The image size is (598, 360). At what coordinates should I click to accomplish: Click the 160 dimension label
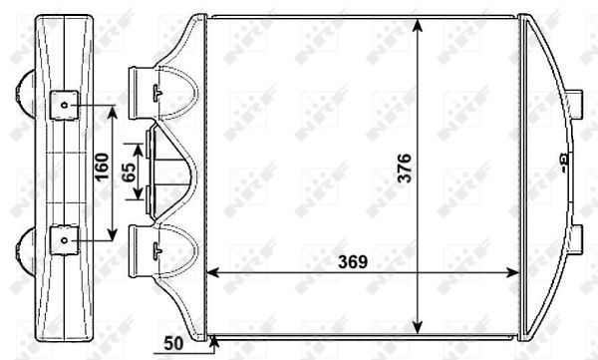click(102, 171)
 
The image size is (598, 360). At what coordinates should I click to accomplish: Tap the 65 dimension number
click(129, 171)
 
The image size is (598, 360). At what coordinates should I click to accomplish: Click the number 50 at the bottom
click(173, 345)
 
